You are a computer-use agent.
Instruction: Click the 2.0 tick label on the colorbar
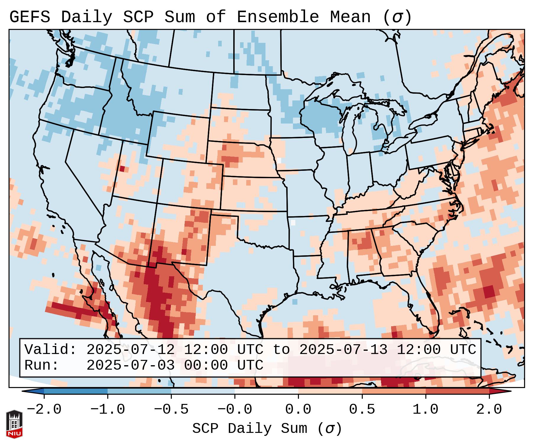[x=489, y=410]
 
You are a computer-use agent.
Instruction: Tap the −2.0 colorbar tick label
[x=44, y=410]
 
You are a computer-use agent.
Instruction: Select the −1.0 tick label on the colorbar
[x=108, y=410]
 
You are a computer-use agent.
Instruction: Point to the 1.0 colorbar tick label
[x=426, y=410]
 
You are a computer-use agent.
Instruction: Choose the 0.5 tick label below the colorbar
[x=362, y=410]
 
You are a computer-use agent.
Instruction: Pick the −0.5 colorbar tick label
[x=171, y=410]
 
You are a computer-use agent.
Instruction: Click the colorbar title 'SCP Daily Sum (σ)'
[x=267, y=428]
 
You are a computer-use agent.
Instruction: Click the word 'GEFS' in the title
[x=30, y=17]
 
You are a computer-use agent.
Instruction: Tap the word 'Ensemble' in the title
[x=278, y=17]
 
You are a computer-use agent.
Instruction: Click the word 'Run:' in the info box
[x=42, y=365]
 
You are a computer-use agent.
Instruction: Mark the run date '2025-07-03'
[x=130, y=365]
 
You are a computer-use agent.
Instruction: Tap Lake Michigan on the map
[x=352, y=130]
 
